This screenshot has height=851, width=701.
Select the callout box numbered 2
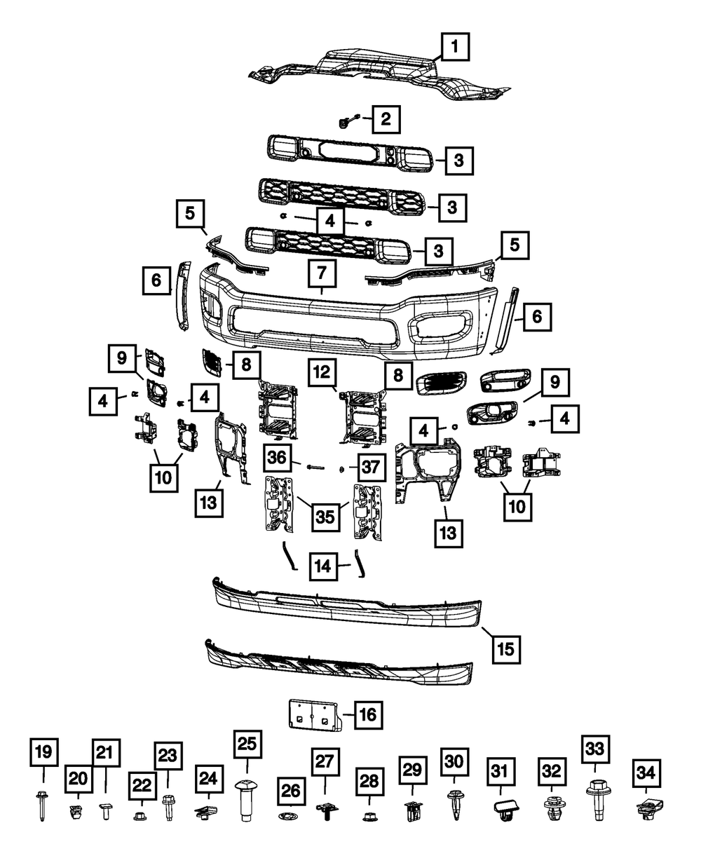(386, 119)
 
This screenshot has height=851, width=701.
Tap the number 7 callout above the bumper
(322, 272)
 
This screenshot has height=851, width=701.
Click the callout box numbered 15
(506, 648)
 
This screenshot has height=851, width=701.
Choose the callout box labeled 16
(368, 714)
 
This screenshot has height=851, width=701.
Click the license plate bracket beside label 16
(313, 714)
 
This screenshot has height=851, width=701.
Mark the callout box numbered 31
(498, 772)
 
